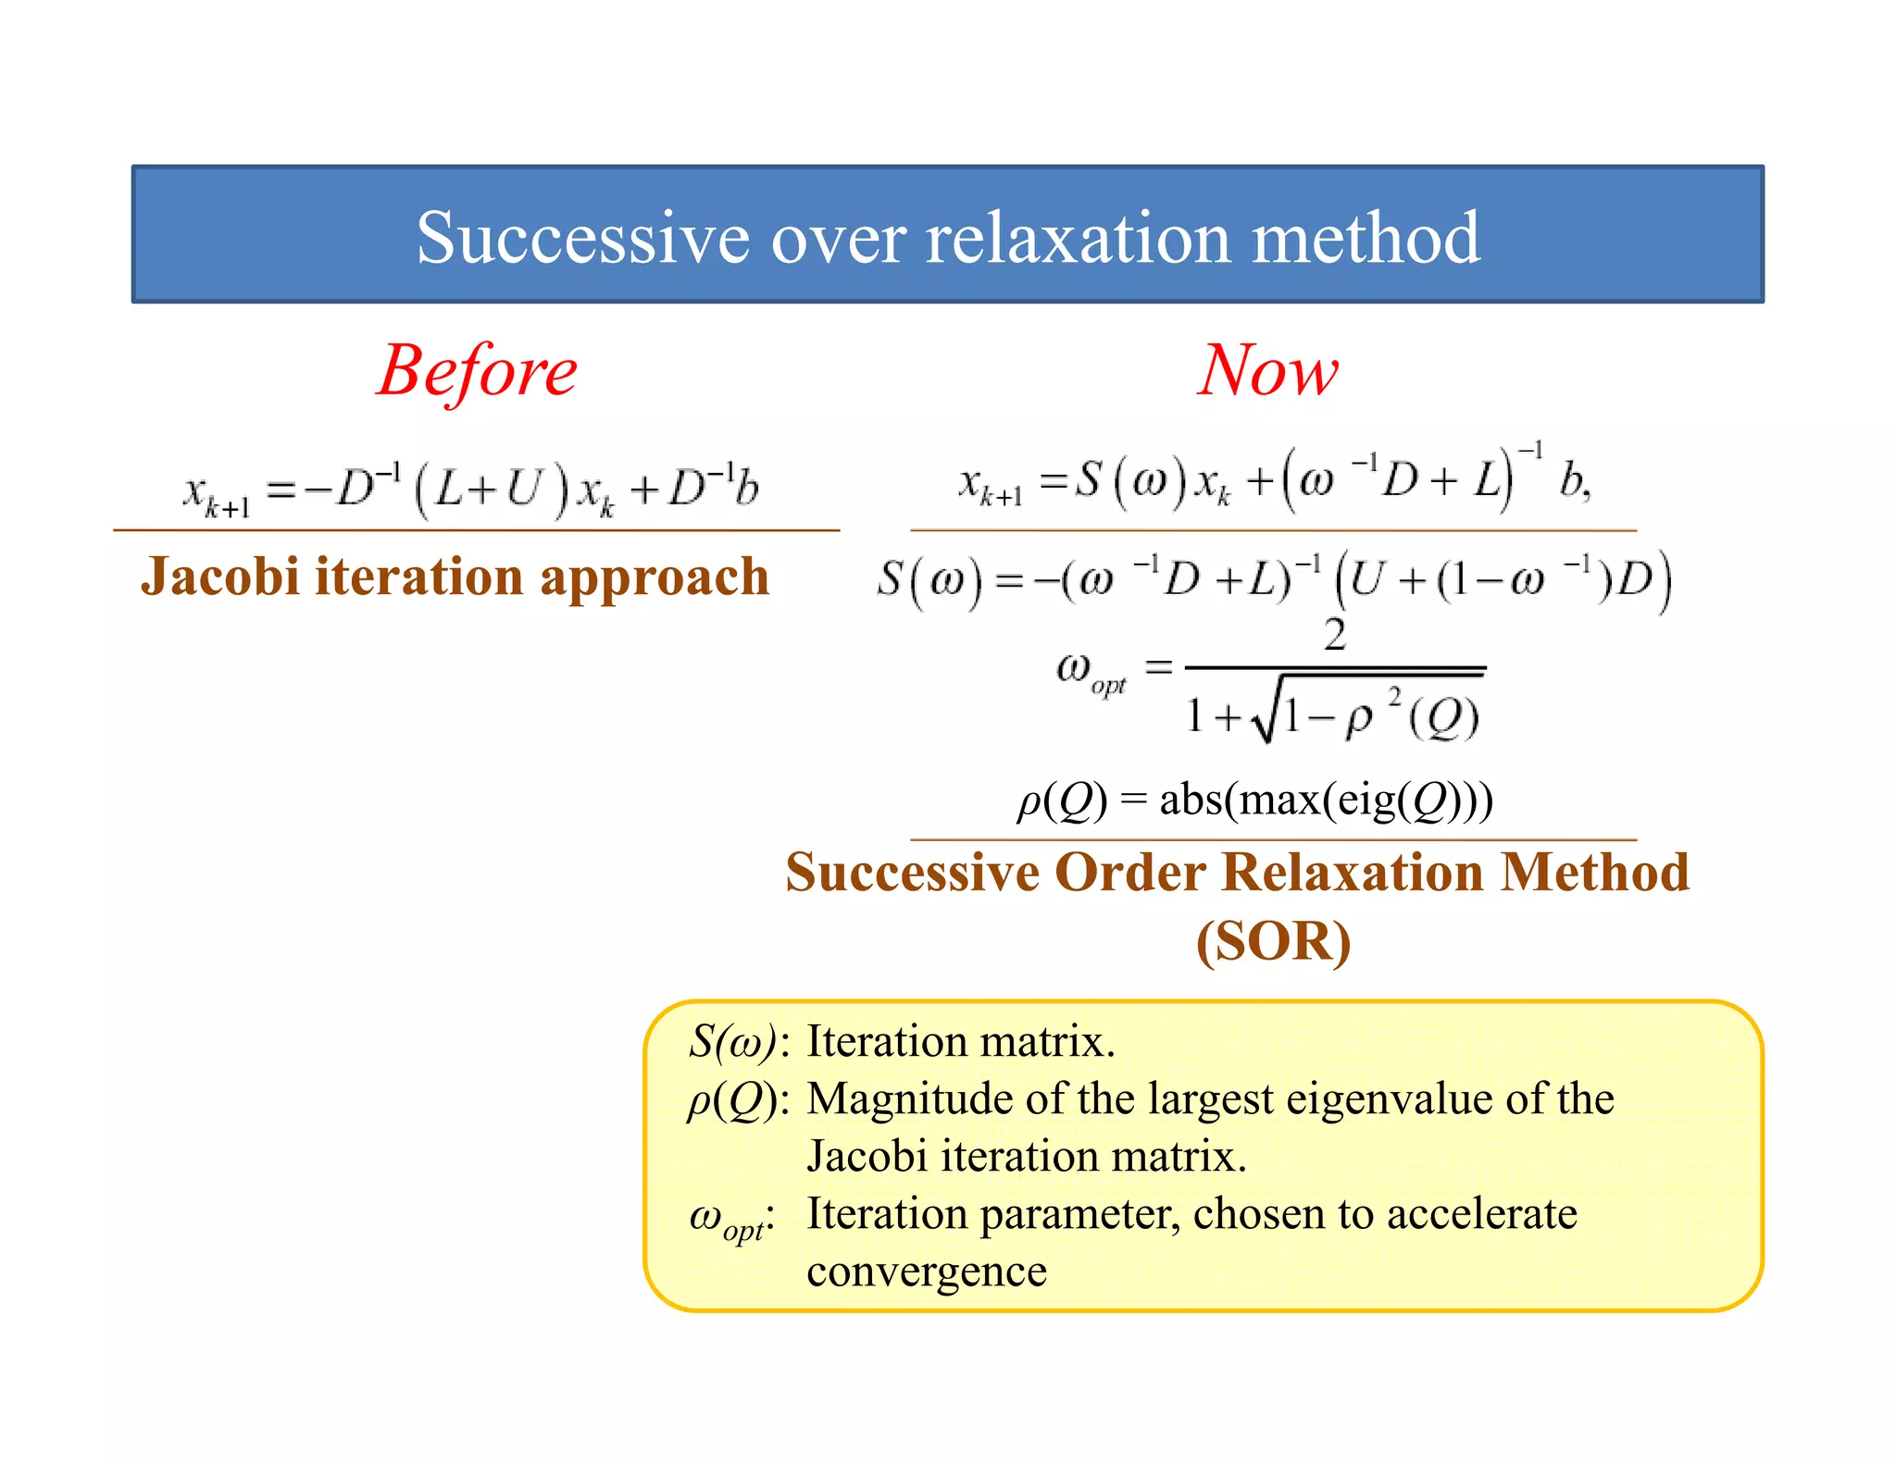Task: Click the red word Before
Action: pos(477,370)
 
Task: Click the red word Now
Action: pos(1267,370)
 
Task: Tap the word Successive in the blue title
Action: pos(581,237)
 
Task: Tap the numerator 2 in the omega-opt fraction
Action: pos(1334,636)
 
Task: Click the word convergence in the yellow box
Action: pos(927,1272)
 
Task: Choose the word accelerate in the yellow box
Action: pos(1481,1213)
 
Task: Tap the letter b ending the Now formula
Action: pos(1572,479)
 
